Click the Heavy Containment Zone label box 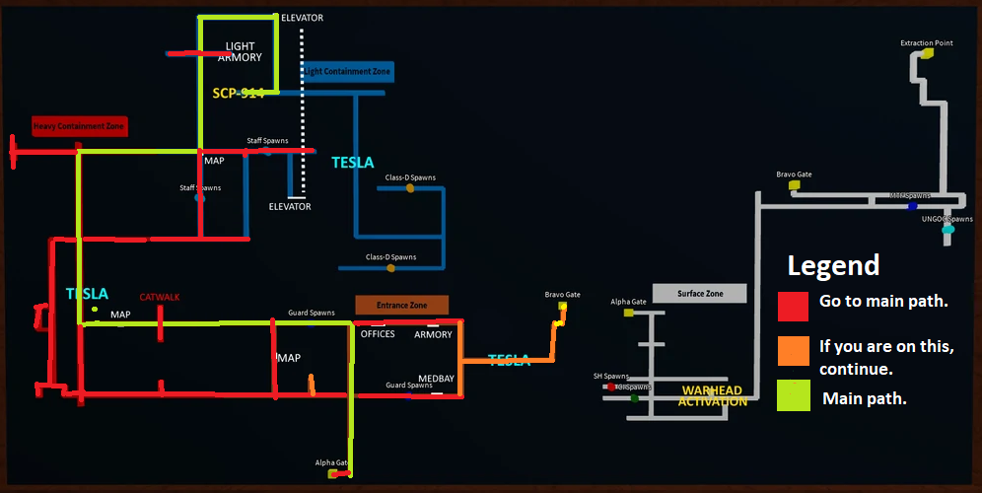pos(80,126)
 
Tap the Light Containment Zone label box pos(346,72)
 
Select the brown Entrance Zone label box pos(401,306)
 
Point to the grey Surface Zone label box pos(700,294)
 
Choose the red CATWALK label pos(160,297)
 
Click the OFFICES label pos(378,334)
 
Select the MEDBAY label pos(436,378)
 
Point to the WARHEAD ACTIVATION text pos(712,396)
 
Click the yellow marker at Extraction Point pos(926,54)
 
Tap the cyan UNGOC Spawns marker pos(947,230)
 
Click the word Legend pos(833,265)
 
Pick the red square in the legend pos(793,306)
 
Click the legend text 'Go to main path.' pos(883,302)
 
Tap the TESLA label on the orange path pos(509,360)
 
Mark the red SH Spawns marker pos(611,387)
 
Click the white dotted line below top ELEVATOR pos(302,89)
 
